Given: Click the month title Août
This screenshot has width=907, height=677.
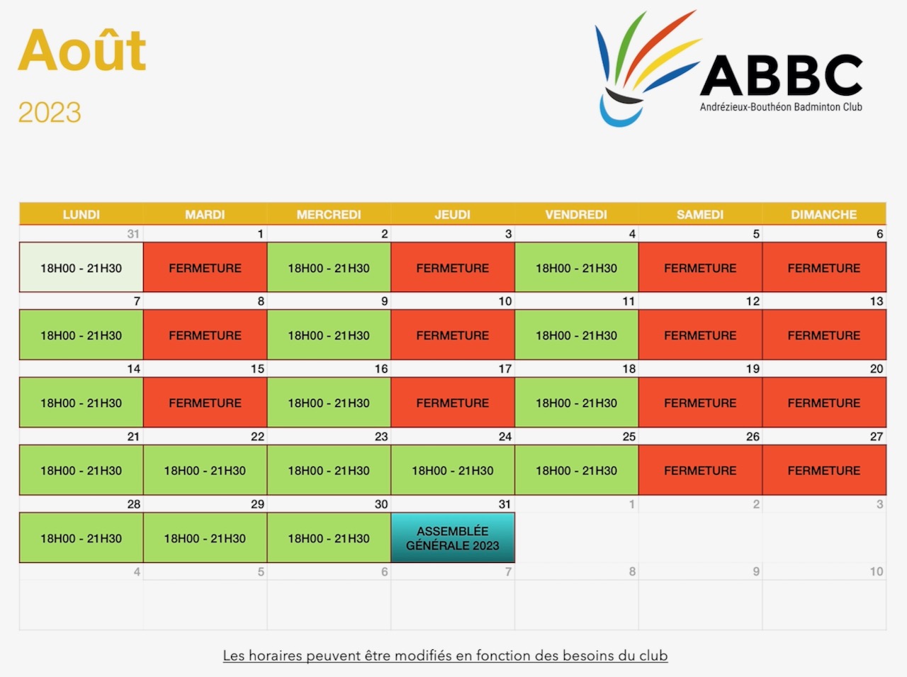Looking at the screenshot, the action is pos(81,50).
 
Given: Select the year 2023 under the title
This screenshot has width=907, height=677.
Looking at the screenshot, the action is pos(50,113).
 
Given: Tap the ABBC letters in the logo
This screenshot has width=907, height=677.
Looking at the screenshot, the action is pos(781,76).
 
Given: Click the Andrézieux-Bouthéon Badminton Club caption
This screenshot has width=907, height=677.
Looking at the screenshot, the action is pos(781,107).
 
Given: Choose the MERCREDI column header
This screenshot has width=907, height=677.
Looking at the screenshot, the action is pos(329,215).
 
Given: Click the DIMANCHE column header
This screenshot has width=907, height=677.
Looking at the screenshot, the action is pos(824,215).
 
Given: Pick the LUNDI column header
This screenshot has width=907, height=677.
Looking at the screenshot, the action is pos(81,215).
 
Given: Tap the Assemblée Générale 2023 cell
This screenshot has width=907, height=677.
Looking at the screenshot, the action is pos(453,538).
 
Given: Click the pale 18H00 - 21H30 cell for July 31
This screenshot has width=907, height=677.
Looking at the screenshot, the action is pos(81,267).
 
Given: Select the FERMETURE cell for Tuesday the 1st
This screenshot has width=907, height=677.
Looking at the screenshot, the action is pos(205,267).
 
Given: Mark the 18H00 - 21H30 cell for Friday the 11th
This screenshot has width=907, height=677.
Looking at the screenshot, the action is pos(576,335).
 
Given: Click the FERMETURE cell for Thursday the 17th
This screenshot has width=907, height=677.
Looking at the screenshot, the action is pos(453,403).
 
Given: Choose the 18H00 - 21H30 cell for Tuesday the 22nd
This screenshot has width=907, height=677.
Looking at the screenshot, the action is pos(205,470).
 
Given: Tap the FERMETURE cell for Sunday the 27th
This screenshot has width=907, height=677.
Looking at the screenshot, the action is pos(824,470).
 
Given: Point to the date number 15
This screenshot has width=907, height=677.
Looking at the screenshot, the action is pos(257,369).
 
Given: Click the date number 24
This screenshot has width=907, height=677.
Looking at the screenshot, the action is pos(505,437).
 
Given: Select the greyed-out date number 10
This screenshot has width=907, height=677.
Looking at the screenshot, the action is pos(877,571).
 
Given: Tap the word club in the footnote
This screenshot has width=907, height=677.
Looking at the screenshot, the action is pos(653,656).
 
